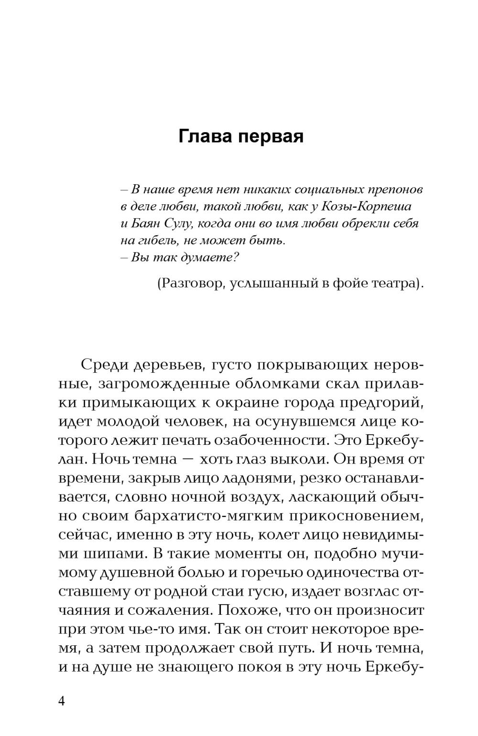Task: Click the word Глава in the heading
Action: point(205,137)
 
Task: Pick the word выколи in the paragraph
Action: point(292,459)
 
